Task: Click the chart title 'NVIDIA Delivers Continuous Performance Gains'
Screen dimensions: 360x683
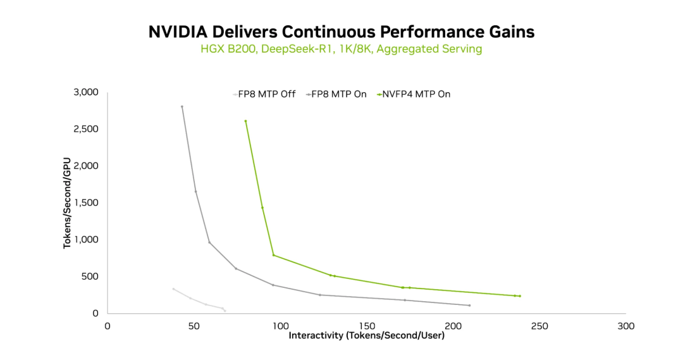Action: click(341, 32)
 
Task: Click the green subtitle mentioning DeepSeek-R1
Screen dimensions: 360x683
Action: click(341, 49)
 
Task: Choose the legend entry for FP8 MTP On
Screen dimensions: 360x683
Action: click(338, 94)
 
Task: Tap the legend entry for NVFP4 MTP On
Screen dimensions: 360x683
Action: click(416, 94)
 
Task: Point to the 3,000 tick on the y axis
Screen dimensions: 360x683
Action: click(87, 92)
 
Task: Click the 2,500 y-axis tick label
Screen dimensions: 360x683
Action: click(87, 129)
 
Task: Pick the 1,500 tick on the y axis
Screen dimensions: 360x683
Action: click(87, 203)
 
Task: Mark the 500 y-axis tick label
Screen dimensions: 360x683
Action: click(91, 276)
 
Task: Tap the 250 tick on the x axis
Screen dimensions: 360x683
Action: click(539, 326)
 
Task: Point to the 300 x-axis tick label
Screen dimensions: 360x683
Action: click(625, 326)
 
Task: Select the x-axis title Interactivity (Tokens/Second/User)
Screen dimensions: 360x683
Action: click(366, 335)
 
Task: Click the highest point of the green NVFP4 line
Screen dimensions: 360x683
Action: click(245, 121)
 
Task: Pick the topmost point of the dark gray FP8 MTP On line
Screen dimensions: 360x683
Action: click(182, 106)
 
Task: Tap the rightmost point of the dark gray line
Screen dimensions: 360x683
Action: click(469, 306)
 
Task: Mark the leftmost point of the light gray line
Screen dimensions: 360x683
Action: click(173, 289)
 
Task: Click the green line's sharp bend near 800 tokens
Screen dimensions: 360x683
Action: click(273, 255)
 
